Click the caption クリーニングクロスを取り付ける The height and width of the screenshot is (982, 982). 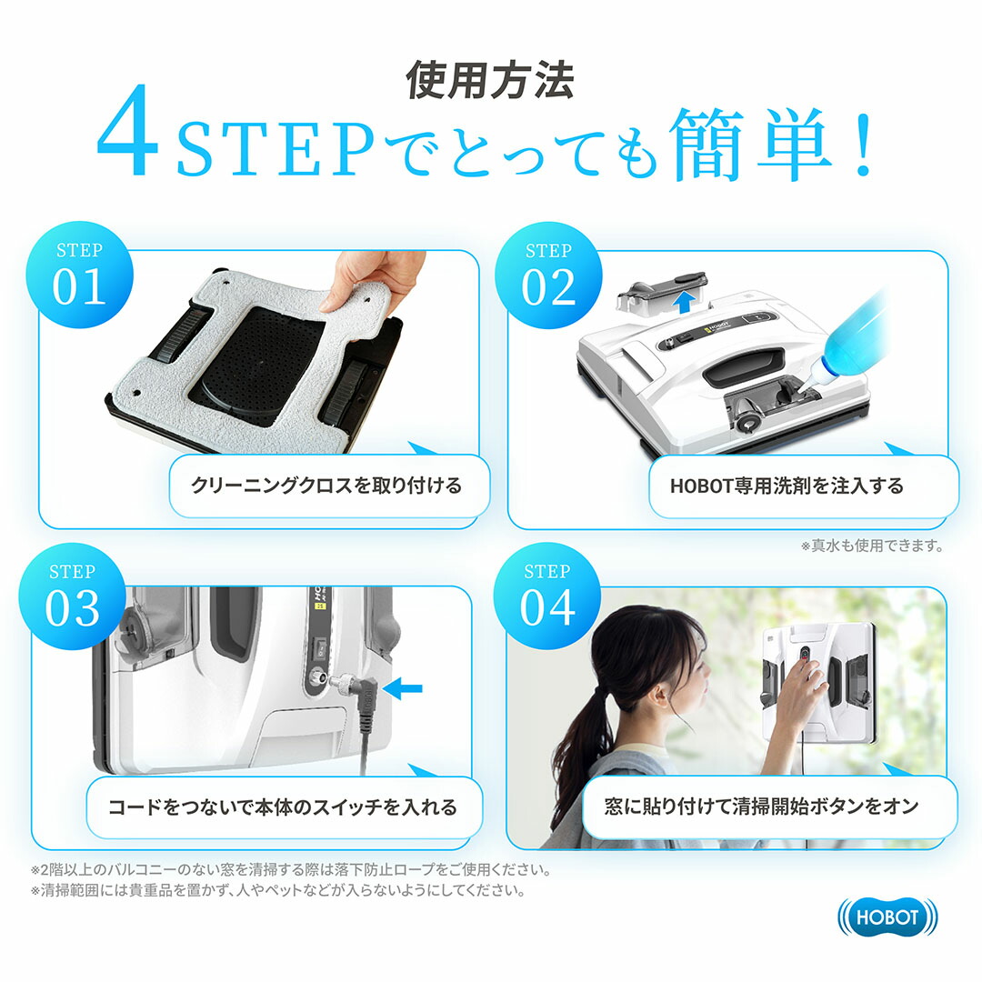326,486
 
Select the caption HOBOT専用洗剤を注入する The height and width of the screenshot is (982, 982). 787,486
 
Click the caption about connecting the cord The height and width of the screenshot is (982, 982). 283,807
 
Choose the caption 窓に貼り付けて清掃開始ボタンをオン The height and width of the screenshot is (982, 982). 762,807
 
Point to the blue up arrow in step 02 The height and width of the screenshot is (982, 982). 686,303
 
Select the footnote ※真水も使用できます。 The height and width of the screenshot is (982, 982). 872,546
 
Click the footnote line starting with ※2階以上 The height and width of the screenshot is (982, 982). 291,870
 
